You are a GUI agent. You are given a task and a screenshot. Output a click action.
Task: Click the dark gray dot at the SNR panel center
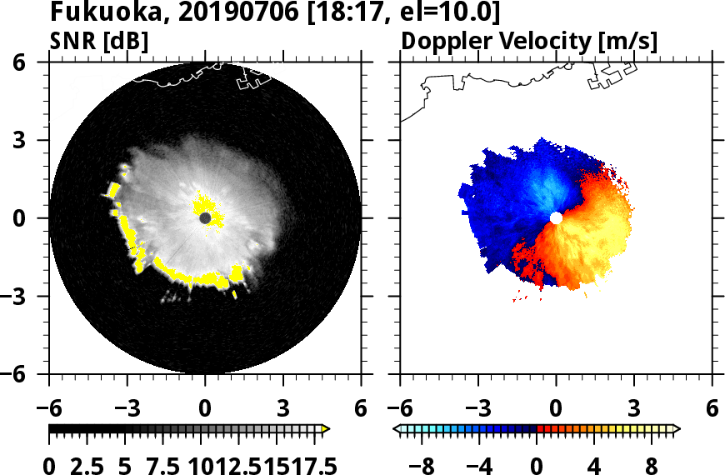point(205,218)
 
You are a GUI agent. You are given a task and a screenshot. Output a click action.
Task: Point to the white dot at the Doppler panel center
point(556,218)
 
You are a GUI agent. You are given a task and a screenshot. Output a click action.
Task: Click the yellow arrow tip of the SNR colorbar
point(327,429)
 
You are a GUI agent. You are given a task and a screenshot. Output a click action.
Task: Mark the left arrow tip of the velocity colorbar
point(397,429)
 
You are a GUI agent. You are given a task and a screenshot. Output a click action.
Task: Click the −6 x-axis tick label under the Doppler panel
point(397,410)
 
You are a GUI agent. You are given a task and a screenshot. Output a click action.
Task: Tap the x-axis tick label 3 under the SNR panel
point(283,410)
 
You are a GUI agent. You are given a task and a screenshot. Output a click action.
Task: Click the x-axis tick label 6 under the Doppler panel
point(712,410)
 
